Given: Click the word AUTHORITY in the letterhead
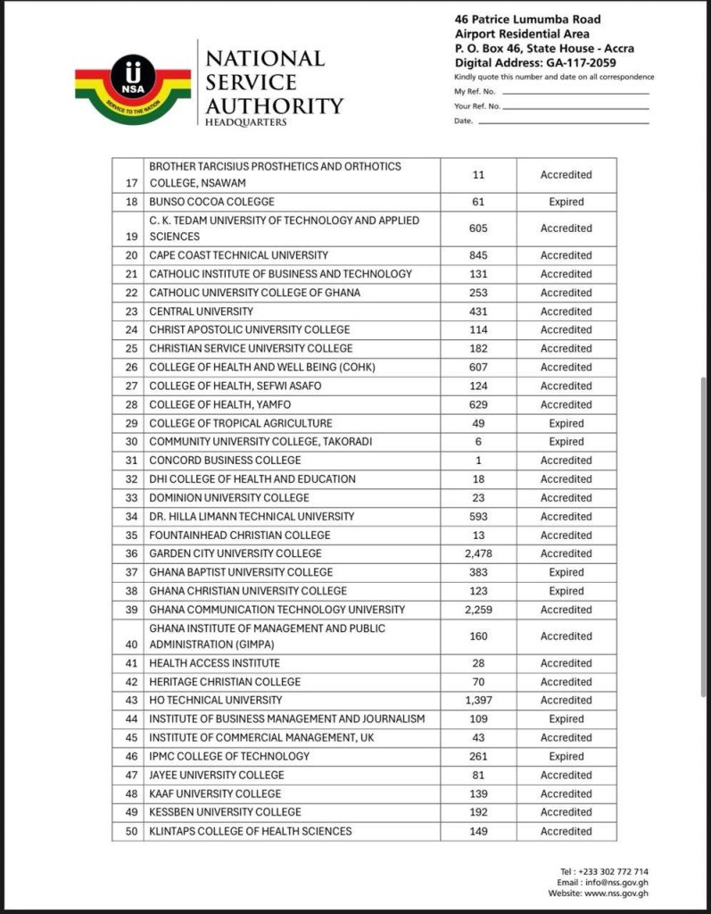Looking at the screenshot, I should (x=274, y=105).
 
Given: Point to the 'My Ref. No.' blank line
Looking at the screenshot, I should (x=575, y=92).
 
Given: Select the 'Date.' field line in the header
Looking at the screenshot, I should (x=563, y=121).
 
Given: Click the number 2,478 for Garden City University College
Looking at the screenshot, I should (x=478, y=553).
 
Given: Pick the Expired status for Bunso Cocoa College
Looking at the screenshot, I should (x=566, y=202).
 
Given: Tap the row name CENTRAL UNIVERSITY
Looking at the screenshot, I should (x=201, y=312).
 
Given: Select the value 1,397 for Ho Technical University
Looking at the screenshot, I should (x=478, y=700).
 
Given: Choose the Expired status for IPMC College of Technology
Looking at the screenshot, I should (x=566, y=756).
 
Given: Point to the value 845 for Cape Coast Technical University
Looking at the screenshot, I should (x=478, y=255).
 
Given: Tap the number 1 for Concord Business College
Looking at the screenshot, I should (x=478, y=461).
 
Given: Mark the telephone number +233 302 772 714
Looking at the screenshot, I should (x=616, y=872).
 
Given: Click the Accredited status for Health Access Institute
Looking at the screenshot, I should (x=566, y=663).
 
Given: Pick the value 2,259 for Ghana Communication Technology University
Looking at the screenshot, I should (x=478, y=610).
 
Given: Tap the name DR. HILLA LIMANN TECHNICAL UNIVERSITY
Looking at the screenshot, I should (x=252, y=516).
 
